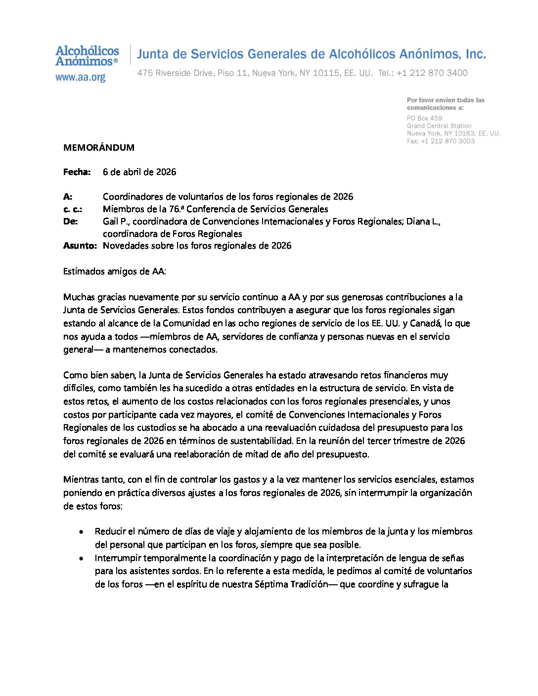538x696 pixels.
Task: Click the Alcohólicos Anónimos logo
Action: pos(87,56)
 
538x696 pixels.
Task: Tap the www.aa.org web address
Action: pos(80,78)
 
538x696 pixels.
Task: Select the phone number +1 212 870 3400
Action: pos(432,73)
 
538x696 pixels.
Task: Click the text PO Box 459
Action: pos(424,118)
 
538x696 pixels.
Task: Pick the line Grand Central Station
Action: pos(439,126)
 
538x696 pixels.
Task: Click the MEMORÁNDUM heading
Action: pos(99,148)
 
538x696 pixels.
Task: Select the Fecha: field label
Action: pos(77,172)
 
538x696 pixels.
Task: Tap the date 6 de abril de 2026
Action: pos(139,172)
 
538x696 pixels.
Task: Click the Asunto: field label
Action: pos(80,246)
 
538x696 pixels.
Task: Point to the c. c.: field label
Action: pos(73,209)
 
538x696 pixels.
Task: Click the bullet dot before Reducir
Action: pos(81,532)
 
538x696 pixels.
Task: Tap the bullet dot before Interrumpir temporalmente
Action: pos(81,559)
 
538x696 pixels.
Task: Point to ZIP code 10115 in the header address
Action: pos(326,73)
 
